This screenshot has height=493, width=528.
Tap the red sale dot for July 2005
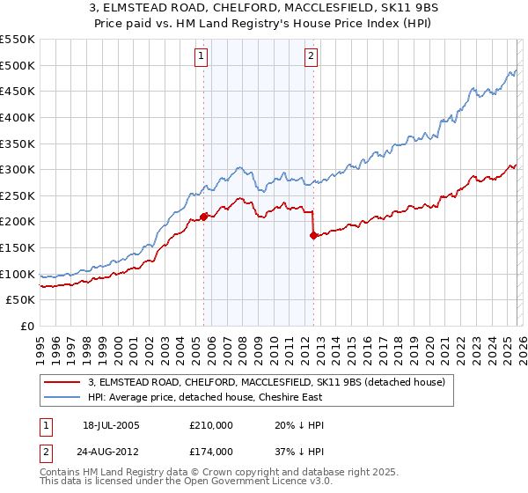pos(203,216)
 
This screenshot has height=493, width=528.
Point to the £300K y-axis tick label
pos(18,169)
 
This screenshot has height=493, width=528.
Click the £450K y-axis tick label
pos(18,91)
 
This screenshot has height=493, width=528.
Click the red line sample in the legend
pos(63,382)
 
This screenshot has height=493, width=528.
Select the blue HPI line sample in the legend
pos(63,397)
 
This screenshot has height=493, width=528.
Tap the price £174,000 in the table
pos(211,451)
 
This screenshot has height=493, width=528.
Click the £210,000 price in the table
pos(211,425)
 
